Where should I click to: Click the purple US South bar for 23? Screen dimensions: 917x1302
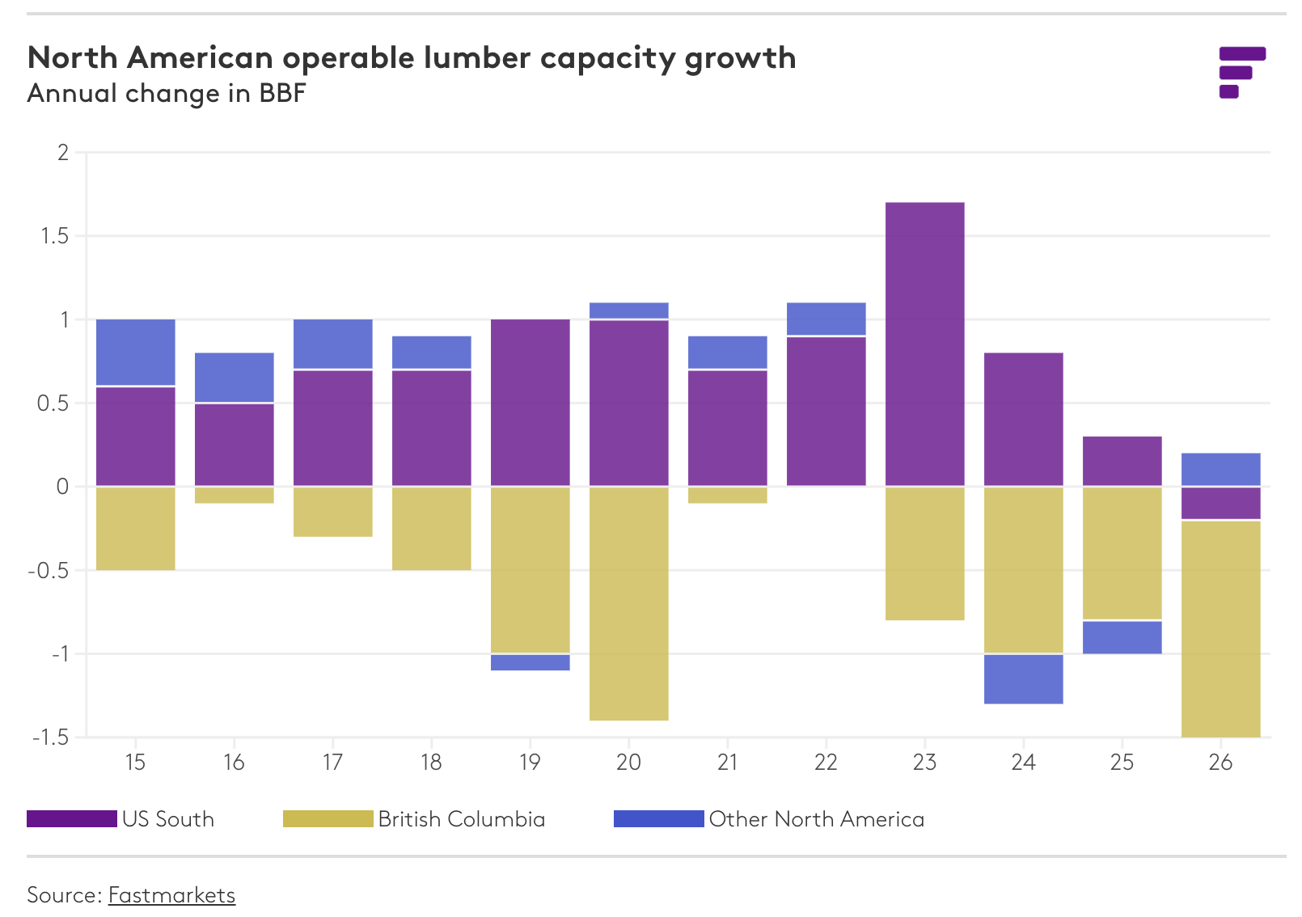coord(924,344)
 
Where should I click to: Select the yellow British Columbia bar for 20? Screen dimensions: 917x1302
coord(628,603)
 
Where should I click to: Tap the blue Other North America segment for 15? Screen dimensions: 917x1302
coord(135,353)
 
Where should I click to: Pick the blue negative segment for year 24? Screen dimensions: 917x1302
coord(1023,678)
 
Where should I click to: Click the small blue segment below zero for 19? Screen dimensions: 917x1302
coord(530,662)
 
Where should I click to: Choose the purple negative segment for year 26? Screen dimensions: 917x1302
coord(1220,503)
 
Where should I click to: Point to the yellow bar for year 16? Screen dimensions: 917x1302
coord(234,495)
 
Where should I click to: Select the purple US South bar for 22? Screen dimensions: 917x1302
coord(826,411)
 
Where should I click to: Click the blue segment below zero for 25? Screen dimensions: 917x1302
coord(1122,637)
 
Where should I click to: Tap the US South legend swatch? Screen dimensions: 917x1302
coord(71,819)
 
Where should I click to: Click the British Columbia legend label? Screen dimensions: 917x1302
coord(461,819)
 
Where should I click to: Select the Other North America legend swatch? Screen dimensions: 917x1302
coord(658,819)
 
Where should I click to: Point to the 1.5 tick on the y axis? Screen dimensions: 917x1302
coord(53,236)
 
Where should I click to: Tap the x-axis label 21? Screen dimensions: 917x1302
coord(727,763)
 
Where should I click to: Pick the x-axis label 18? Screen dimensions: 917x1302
coord(431,763)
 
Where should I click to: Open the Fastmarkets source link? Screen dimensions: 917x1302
coord(171,895)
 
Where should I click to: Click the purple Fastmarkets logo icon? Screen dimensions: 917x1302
coord(1241,72)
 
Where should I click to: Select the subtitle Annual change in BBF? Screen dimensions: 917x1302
coord(167,94)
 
